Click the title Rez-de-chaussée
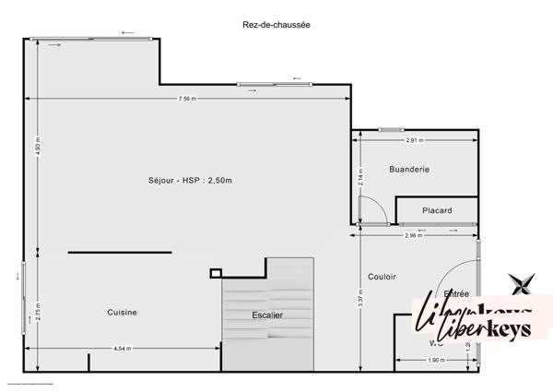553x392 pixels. (276, 26)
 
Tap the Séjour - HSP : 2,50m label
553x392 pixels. (190, 180)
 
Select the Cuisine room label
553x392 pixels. (122, 312)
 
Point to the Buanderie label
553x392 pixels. (411, 170)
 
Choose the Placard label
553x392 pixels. (437, 211)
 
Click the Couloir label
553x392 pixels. (382, 276)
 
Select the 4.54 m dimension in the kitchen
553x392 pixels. (122, 349)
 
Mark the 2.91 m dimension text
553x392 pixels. (415, 139)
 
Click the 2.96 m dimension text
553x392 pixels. (414, 236)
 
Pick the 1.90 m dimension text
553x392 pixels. (436, 360)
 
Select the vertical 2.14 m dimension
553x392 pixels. (360, 176)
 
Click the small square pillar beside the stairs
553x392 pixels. (216, 272)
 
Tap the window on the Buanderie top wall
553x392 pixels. (391, 130)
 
